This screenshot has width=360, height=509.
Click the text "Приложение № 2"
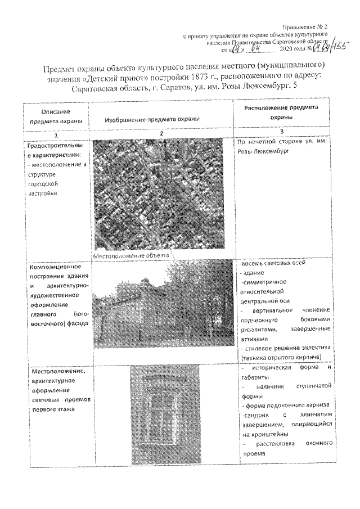[314, 28]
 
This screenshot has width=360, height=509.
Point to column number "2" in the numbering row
[161, 134]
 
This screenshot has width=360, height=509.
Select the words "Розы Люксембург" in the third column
[262, 152]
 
